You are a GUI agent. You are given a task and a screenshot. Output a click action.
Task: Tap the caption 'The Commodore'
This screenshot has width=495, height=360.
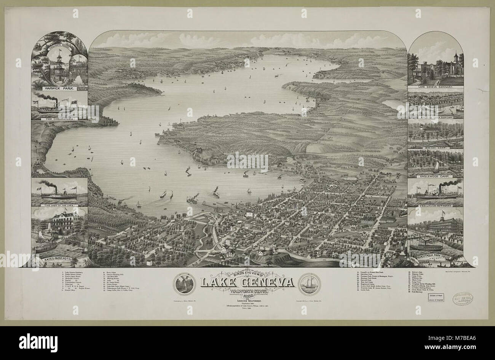(60, 118)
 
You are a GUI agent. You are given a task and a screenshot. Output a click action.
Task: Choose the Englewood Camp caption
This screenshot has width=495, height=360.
(435, 177)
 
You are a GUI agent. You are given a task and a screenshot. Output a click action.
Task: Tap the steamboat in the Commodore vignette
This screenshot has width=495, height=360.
(57, 107)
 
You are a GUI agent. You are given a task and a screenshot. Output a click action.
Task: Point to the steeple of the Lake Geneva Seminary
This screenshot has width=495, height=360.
(455, 57)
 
